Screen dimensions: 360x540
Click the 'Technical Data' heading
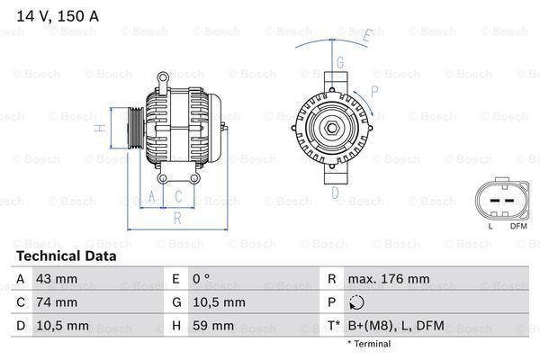point(67,256)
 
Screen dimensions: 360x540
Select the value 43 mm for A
point(56,279)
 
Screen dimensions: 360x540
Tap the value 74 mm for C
point(56,302)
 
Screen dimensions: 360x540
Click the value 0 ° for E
point(202,279)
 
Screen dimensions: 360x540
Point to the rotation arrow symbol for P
point(357,302)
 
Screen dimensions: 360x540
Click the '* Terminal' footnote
point(369,344)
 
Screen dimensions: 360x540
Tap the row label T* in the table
point(333,325)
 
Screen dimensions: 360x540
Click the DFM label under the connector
point(518,225)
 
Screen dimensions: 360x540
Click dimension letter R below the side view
point(178,217)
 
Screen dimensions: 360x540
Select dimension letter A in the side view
point(152,195)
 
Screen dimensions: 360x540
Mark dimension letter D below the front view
point(335,192)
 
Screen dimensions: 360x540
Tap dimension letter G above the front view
point(339,62)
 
